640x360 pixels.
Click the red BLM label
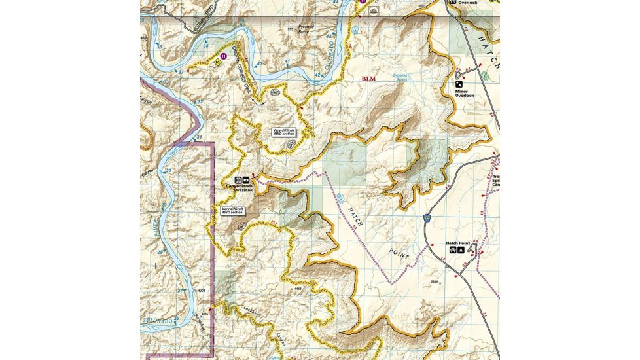[369, 79]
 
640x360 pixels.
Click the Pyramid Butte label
[305, 28]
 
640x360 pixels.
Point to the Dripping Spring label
[399, 77]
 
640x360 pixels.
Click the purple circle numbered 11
[223, 57]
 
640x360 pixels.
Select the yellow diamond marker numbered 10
[217, 62]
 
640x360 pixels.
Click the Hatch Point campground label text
[457, 243]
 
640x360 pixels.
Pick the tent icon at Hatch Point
[461, 249]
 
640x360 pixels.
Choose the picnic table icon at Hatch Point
[452, 249]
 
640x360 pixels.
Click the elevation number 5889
[434, 281]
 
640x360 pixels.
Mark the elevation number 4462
[298, 288]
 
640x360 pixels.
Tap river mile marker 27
[181, 291]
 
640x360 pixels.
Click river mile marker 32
[200, 102]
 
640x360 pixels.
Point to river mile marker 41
[287, 62]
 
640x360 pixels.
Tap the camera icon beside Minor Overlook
[459, 84]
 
